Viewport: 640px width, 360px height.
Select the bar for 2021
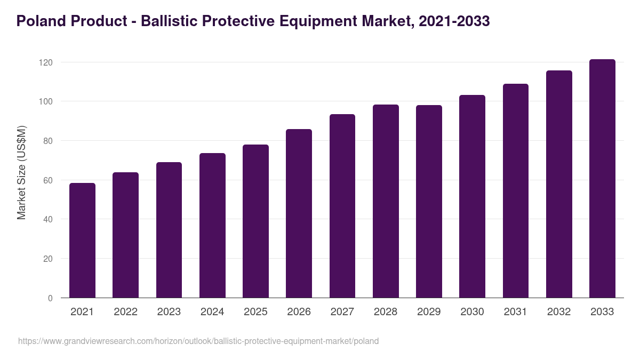[82, 241]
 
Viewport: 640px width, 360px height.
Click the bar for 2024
[212, 226]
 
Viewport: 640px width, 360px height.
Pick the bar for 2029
[429, 202]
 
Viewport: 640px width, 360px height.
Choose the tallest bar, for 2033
[602, 179]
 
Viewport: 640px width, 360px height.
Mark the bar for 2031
[515, 191]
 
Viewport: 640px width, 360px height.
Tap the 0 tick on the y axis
[50, 298]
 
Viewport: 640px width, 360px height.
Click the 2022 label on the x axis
[125, 312]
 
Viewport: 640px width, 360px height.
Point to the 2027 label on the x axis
[342, 312]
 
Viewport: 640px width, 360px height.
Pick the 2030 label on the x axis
[472, 312]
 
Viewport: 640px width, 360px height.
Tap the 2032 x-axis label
[558, 312]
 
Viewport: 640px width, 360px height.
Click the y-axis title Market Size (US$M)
[21, 172]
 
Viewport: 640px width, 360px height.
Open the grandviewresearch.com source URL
[198, 341]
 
